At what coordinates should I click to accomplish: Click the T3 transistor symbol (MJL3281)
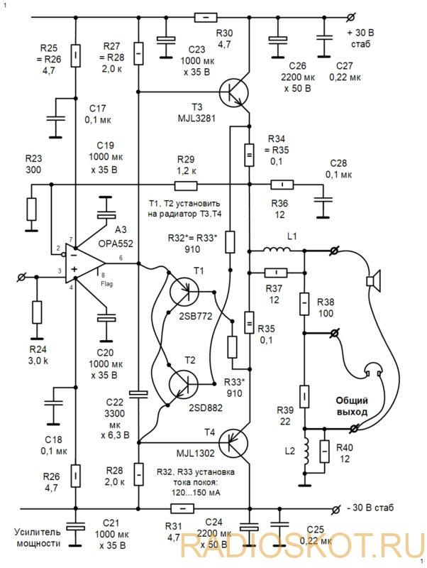[x=234, y=93]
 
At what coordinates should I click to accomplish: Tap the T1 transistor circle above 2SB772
[x=184, y=291]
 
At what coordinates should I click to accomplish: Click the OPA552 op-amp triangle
[x=85, y=263]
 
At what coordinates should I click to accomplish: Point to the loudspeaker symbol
[x=373, y=280]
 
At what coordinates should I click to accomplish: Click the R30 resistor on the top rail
[x=206, y=17]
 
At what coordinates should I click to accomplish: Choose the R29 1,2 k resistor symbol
[x=186, y=186]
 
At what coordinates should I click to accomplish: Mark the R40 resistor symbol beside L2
[x=325, y=452]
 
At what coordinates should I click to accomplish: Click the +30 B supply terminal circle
[x=350, y=17]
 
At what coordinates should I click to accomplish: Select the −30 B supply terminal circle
[x=335, y=509]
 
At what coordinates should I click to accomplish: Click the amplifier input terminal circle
[x=22, y=277]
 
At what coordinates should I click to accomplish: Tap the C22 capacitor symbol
[x=138, y=395]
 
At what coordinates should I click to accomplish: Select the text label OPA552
[x=116, y=244]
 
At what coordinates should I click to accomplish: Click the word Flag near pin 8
[x=106, y=284]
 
